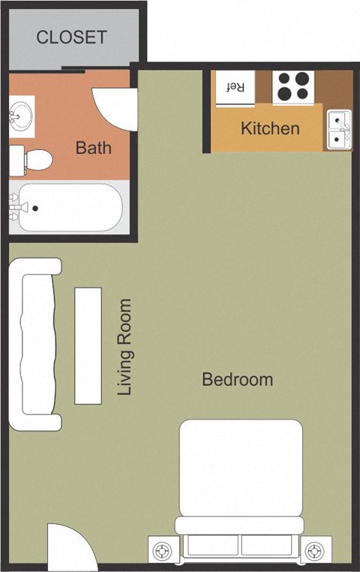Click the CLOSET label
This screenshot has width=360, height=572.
point(71,37)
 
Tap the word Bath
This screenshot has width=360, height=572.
point(93,148)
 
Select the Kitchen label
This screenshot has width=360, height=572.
point(270,128)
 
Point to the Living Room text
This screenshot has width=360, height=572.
point(124,347)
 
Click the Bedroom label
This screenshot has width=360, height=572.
point(237,380)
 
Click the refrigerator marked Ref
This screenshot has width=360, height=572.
point(235,87)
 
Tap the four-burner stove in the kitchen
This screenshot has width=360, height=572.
point(293,86)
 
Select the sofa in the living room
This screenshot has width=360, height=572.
point(35,345)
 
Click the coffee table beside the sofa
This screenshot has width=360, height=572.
point(88,344)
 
